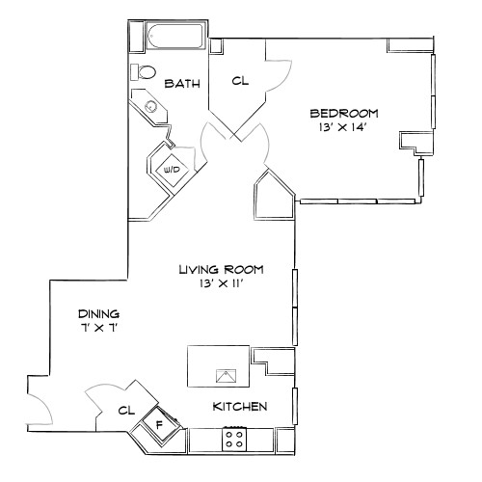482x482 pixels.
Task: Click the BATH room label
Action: pyautogui.click(x=182, y=84)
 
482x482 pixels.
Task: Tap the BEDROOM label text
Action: pyautogui.click(x=344, y=113)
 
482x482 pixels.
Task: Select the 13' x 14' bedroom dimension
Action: pyautogui.click(x=344, y=127)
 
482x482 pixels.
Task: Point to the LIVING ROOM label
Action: pyautogui.click(x=221, y=270)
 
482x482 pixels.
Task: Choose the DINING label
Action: pyautogui.click(x=99, y=314)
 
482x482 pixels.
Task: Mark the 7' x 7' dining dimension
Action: pyautogui.click(x=99, y=329)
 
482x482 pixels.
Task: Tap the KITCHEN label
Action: pyautogui.click(x=239, y=407)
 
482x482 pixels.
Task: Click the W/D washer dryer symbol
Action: pyautogui.click(x=174, y=169)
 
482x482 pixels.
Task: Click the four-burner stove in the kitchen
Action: pyautogui.click(x=234, y=439)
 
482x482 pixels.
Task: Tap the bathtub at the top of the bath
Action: pyautogui.click(x=174, y=38)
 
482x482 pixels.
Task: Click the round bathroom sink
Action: pyautogui.click(x=151, y=107)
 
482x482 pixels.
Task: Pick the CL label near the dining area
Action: pyautogui.click(x=125, y=411)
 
